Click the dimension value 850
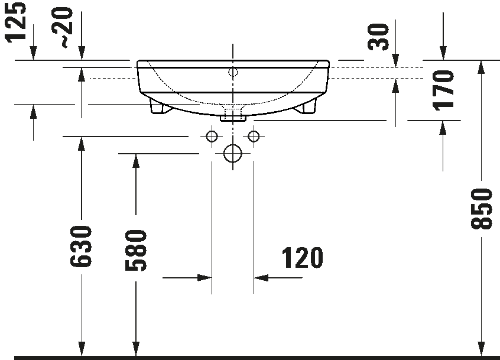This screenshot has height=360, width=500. [481, 209]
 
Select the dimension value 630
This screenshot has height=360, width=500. [81, 246]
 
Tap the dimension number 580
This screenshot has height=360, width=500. [136, 251]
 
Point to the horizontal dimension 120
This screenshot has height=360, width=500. [302, 258]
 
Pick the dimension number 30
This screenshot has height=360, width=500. [378, 37]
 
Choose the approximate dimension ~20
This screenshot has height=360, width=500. [63, 28]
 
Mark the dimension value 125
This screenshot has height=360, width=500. [16, 21]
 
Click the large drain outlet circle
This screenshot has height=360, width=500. [233, 153]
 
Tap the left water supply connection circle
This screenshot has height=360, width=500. [212, 137]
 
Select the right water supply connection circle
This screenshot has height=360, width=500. [254, 137]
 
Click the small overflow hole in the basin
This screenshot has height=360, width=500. [233, 72]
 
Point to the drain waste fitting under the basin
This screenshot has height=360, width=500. [233, 115]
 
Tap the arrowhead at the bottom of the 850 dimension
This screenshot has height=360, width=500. [481, 349]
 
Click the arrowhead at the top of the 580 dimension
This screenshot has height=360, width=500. [136, 161]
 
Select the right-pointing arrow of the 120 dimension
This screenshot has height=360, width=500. [204, 278]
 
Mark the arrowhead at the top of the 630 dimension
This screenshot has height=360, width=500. [82, 144]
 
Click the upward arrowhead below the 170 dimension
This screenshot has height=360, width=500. [443, 128]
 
